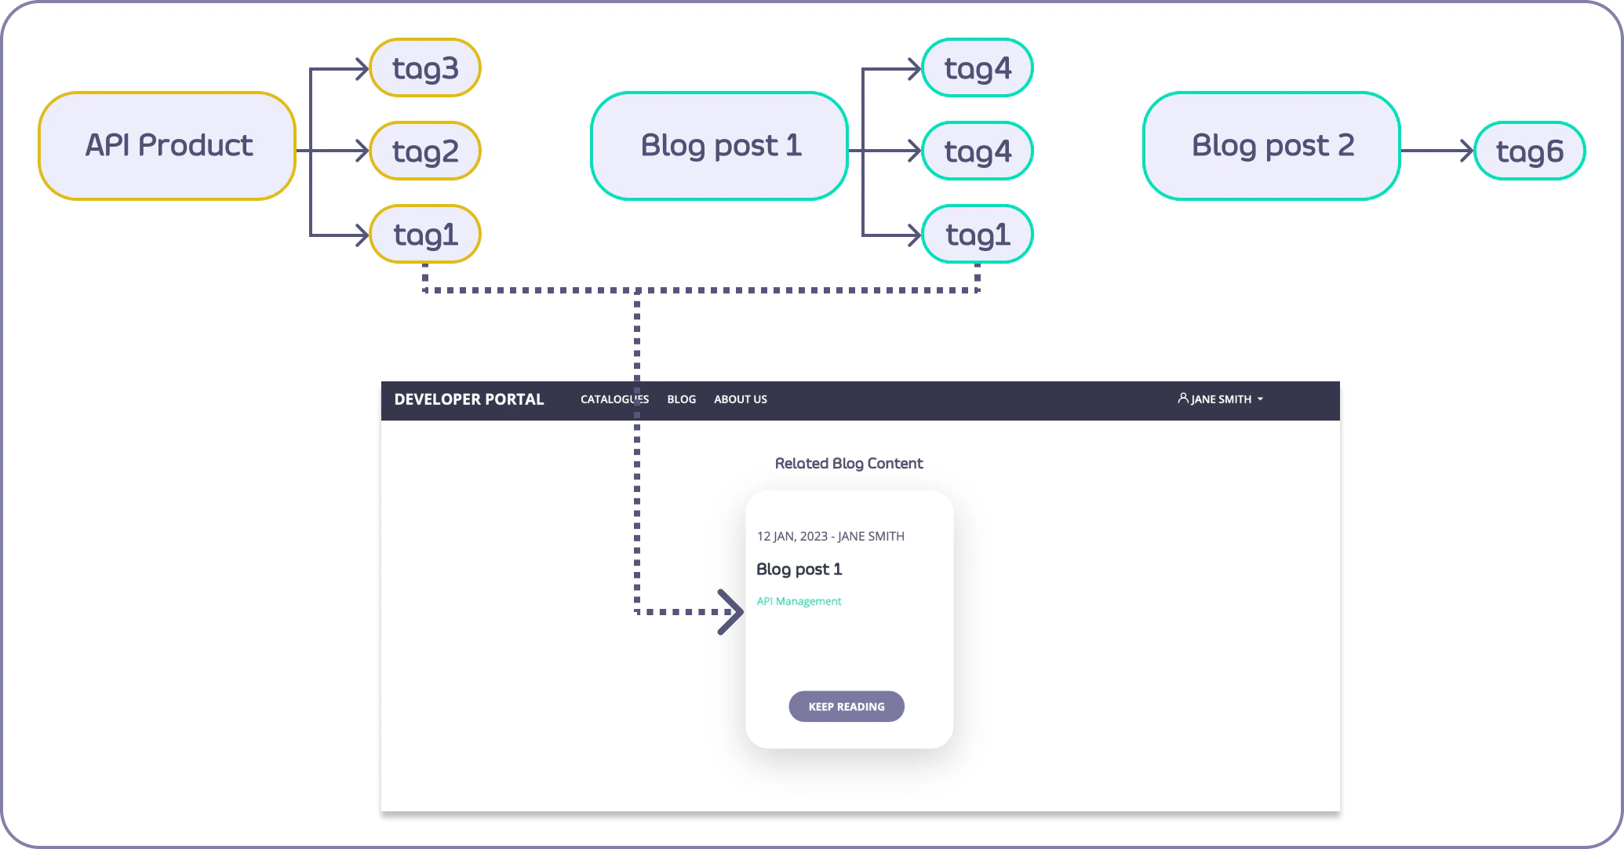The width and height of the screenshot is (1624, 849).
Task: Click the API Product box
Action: pyautogui.click(x=167, y=146)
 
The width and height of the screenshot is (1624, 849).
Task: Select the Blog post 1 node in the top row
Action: pyautogui.click(x=719, y=146)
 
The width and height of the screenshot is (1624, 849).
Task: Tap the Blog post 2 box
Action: pyautogui.click(x=1272, y=146)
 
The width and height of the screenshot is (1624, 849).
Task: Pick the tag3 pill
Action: pyautogui.click(x=425, y=68)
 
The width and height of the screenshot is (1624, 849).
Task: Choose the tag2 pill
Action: pyautogui.click(x=425, y=151)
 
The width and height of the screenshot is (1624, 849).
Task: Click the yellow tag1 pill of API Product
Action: pyautogui.click(x=425, y=234)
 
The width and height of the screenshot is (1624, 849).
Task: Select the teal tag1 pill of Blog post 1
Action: pyautogui.click(x=978, y=234)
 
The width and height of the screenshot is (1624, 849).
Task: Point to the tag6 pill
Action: pyautogui.click(x=1530, y=151)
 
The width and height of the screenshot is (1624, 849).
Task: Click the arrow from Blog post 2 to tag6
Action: pyautogui.click(x=1437, y=151)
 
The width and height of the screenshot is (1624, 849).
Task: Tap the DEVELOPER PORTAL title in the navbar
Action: pyautogui.click(x=469, y=399)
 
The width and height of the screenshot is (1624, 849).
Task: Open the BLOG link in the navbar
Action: pyautogui.click(x=681, y=399)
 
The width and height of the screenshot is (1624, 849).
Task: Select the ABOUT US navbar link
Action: pyautogui.click(x=741, y=399)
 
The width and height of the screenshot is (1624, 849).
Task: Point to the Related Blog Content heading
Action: pyautogui.click(x=849, y=464)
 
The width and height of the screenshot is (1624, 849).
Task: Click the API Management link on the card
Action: pyautogui.click(x=799, y=601)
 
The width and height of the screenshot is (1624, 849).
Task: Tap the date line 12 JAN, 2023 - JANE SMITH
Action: pyautogui.click(x=830, y=537)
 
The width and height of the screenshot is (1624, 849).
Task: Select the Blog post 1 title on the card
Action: pyautogui.click(x=799, y=570)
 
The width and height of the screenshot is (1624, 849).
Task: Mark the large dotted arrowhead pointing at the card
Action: pyautogui.click(x=731, y=612)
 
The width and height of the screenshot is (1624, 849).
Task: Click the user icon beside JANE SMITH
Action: pyautogui.click(x=1183, y=399)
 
